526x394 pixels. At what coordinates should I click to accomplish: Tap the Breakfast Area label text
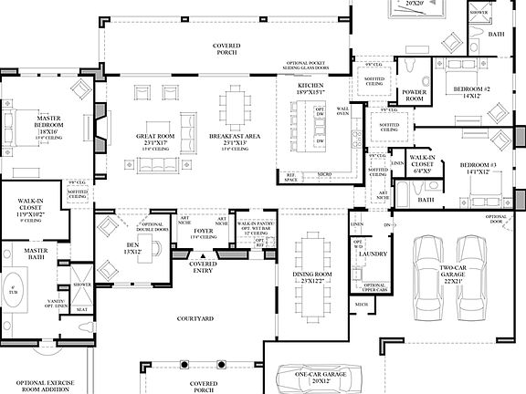240,139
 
